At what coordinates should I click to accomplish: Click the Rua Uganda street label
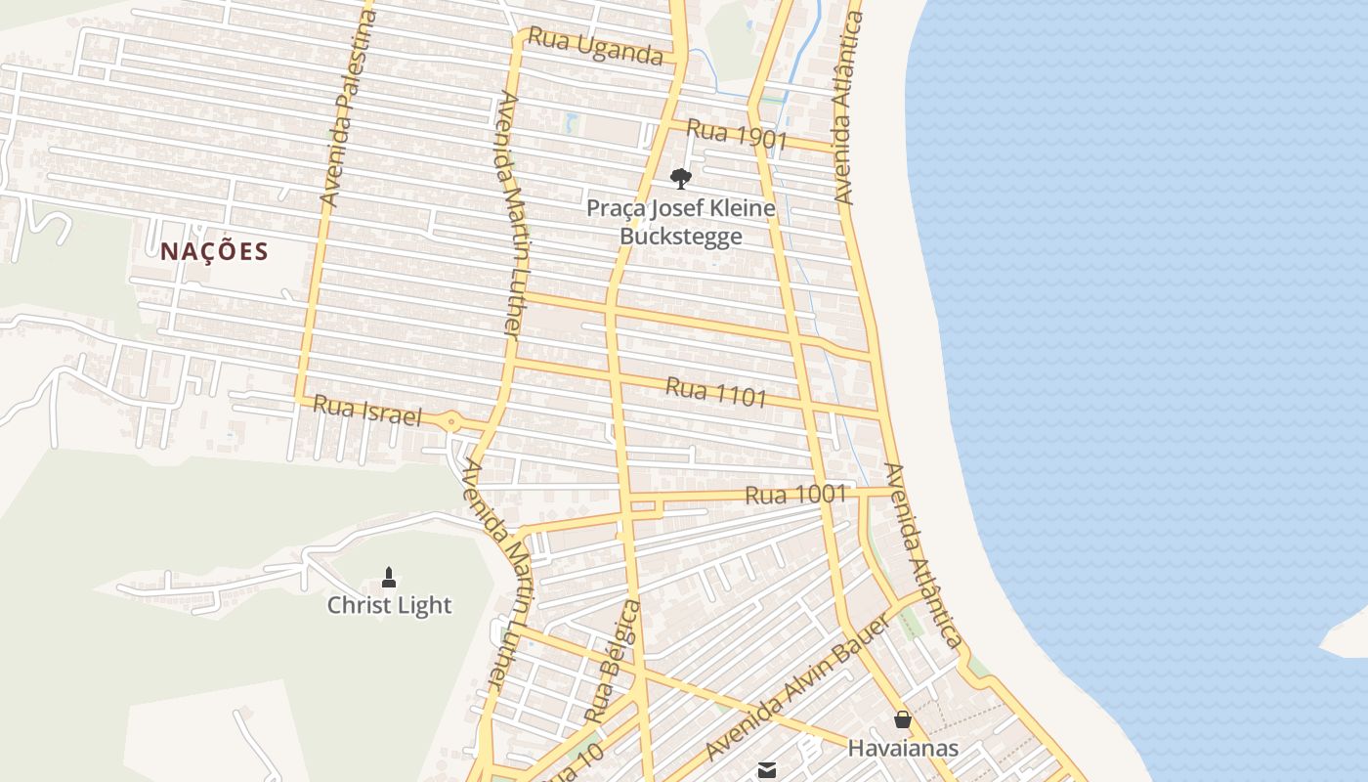point(595,46)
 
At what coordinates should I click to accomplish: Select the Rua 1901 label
point(737,134)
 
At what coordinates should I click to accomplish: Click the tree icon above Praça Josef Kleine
point(680,178)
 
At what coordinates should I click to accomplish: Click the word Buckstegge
point(681,237)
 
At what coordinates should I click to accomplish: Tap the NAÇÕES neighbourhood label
point(214,251)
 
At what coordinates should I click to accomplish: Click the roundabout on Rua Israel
point(450,422)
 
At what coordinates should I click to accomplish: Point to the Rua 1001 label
point(795,495)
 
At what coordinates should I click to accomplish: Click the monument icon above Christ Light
point(389,577)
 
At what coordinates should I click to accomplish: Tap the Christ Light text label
point(389,605)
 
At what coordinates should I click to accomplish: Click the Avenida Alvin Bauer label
point(795,688)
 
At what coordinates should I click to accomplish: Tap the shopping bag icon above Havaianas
point(903,719)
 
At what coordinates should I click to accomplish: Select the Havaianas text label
point(903,749)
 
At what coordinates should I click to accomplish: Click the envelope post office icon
point(767,770)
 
